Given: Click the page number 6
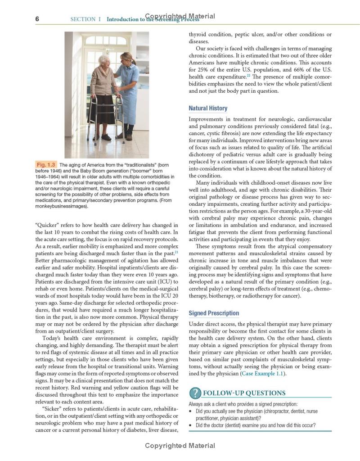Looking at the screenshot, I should (38, 19).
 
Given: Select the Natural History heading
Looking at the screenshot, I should (208, 108).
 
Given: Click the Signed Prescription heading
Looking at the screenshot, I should (214, 313).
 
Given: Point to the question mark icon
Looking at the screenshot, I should (194, 393).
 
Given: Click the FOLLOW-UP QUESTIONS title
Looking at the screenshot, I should (244, 393).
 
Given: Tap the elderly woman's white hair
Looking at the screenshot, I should (104, 59).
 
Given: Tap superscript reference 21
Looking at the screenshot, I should (177, 253).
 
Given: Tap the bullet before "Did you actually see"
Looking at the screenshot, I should (191, 411).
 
